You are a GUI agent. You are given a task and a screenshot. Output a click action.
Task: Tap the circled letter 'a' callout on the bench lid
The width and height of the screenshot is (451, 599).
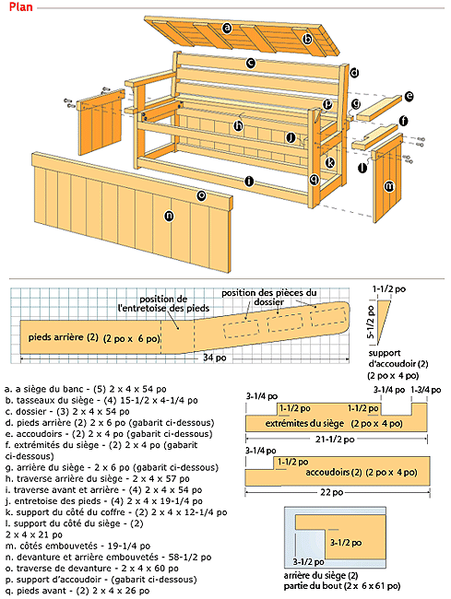click(x=225, y=28)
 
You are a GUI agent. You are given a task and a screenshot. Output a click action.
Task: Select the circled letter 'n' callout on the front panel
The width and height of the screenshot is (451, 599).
click(x=169, y=217)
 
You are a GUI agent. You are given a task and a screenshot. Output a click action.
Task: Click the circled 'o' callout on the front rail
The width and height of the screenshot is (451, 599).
click(x=201, y=194)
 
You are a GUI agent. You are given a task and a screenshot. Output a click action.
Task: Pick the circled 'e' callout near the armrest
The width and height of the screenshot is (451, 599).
click(x=409, y=95)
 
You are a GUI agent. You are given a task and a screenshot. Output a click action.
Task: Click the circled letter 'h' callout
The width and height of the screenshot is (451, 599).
click(x=238, y=126)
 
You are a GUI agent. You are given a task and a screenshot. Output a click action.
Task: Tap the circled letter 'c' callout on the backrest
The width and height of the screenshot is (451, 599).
click(x=250, y=64)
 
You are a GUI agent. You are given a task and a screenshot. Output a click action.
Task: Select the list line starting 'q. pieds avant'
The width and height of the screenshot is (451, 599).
click(x=66, y=589)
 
